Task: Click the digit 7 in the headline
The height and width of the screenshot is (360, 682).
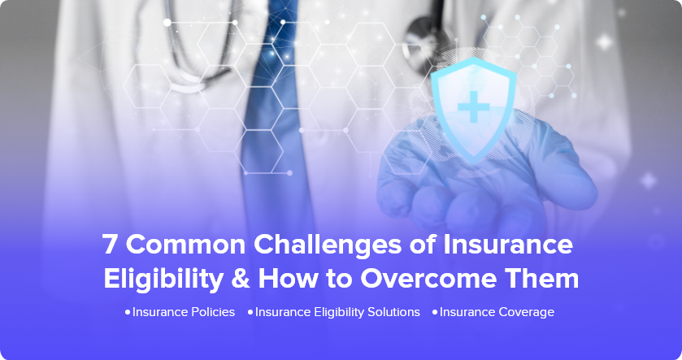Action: coord(110,244)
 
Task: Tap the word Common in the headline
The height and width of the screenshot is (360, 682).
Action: coord(185,244)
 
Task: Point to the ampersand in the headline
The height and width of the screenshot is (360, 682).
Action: coord(241,279)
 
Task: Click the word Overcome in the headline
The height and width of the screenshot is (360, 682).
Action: coord(428,279)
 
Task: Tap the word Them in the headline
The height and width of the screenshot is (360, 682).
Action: coord(541,278)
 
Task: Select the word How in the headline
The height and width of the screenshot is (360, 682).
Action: coord(288,278)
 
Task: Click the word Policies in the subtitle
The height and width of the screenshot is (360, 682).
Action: coord(213,312)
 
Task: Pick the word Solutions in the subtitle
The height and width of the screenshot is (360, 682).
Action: coord(393,312)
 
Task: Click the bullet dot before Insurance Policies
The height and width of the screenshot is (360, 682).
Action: coord(128,312)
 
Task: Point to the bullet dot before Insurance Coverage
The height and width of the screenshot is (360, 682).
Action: coord(435,312)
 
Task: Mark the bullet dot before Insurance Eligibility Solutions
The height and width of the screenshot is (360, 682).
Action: coord(250,312)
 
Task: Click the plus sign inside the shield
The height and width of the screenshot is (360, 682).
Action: coord(474,106)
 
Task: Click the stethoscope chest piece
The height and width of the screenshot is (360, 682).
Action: coord(424,41)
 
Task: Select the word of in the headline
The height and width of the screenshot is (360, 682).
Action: coord(423,244)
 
